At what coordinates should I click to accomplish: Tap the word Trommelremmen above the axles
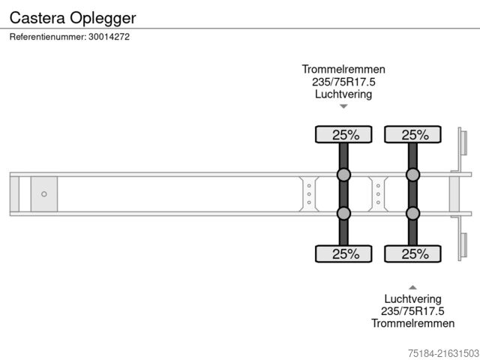pos(343,69)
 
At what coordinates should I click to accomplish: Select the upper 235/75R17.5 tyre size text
pos(343,82)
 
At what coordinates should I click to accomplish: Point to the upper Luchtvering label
pos(343,94)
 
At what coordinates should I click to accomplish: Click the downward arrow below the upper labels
pos(343,107)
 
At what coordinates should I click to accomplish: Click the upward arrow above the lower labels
pos(412,286)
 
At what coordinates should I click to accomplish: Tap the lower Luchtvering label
pos(412,298)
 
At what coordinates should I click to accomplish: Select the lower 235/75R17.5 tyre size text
pos(412,311)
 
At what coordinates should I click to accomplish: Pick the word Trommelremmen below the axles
pos(412,324)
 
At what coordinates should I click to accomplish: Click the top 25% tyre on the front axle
pos(343,135)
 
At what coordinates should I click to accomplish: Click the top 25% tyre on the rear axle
pos(412,135)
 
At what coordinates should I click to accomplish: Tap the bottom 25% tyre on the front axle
pos(343,253)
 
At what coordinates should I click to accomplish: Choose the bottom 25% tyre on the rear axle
pos(412,253)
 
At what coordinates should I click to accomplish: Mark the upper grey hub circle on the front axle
pos(343,175)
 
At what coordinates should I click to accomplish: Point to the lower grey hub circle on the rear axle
pos(412,214)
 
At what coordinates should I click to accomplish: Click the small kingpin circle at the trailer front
pos(44,194)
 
